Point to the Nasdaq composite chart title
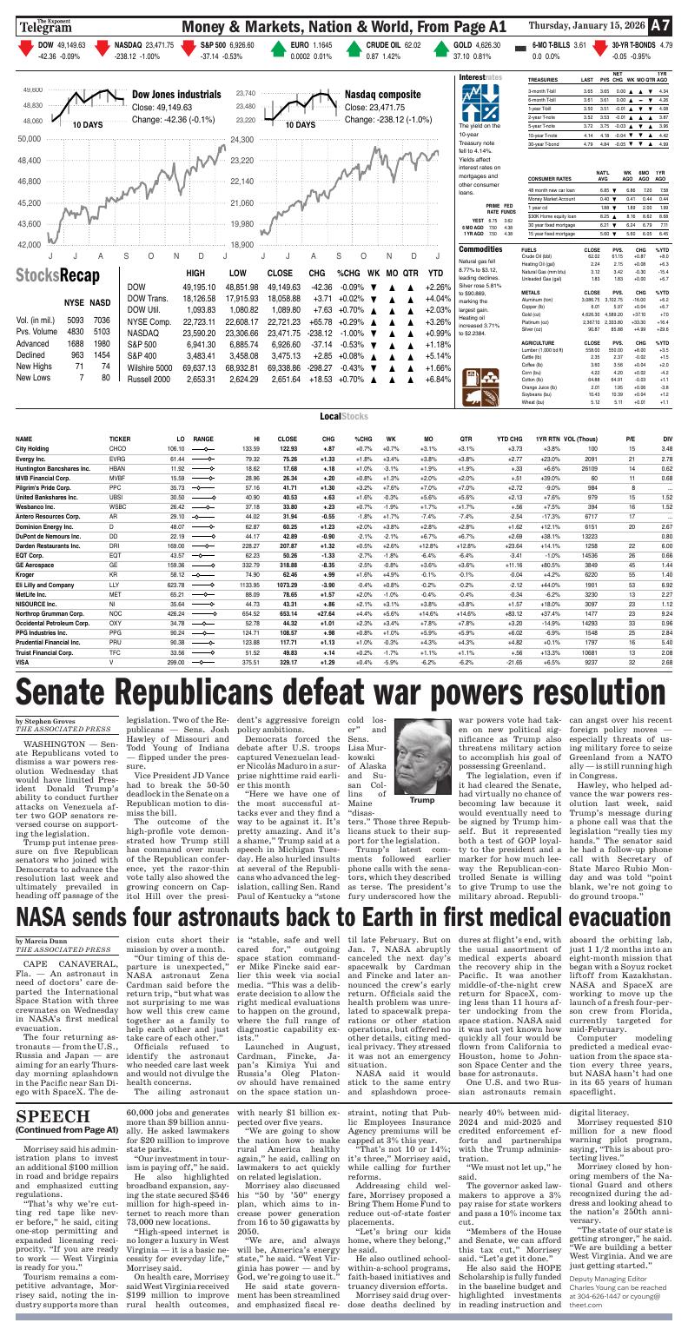[384, 94]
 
